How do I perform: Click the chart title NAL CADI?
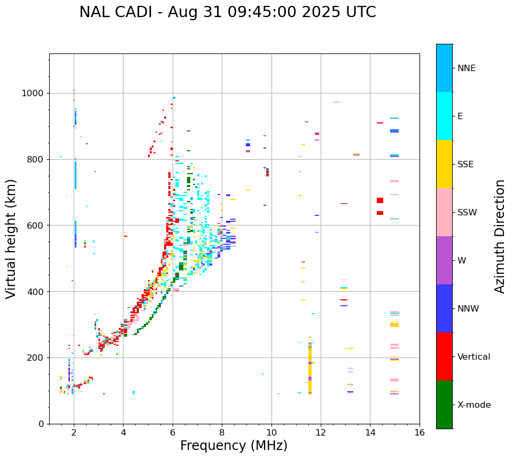coord(227,12)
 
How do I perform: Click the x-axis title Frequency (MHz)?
coord(234,446)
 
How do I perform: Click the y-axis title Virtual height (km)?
coord(11,238)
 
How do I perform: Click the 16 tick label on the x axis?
coord(420,433)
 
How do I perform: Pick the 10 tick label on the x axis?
coord(271,433)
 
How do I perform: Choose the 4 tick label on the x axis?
coord(123,433)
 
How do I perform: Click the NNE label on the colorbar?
coord(466,68)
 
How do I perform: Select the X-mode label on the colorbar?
coord(474,405)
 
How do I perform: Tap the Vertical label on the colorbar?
coord(474,357)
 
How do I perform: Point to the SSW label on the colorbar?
coord(467,213)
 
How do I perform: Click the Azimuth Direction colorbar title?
coord(500,236)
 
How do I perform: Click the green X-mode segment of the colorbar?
coord(444,405)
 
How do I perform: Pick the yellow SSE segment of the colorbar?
coord(444,164)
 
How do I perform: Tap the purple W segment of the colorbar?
coord(444,260)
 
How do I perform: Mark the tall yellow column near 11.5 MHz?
coord(310,369)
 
